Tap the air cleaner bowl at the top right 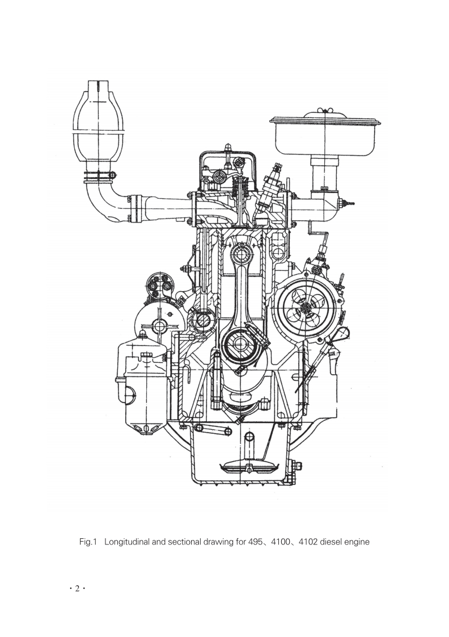(x=326, y=134)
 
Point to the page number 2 (x=77, y=589)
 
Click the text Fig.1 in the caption (x=88, y=542)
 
